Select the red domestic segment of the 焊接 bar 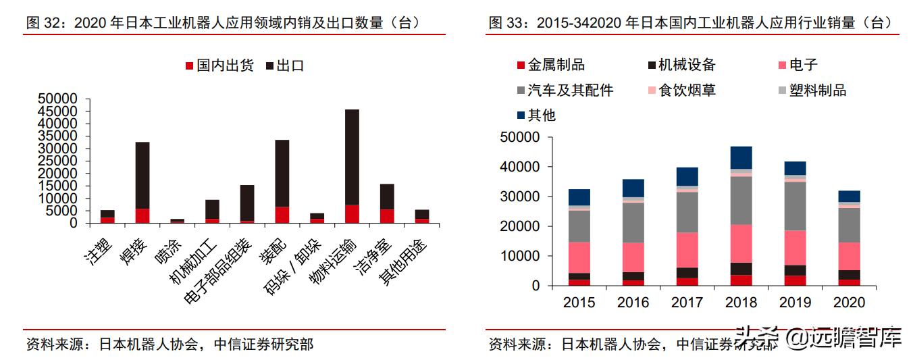(x=142, y=215)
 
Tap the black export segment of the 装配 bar (x=282, y=173)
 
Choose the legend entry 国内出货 (x=218, y=66)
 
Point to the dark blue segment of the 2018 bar (x=741, y=157)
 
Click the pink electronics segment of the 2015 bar (x=579, y=257)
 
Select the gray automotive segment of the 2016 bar (x=633, y=222)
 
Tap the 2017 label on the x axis (x=687, y=303)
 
